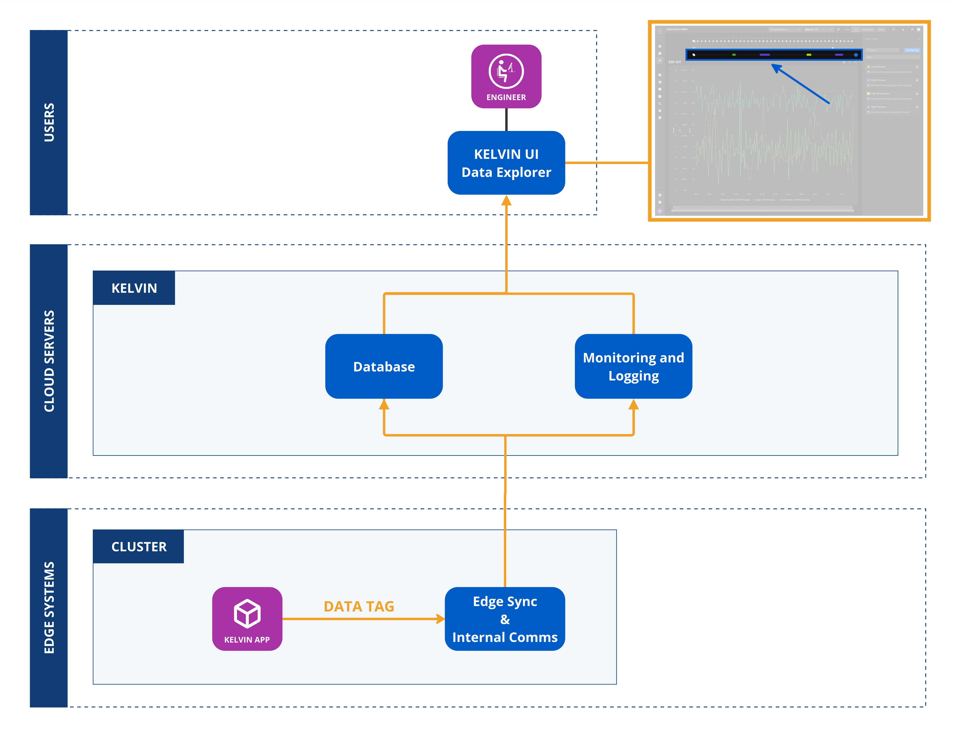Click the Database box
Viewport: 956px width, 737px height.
click(384, 366)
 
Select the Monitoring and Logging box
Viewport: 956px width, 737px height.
click(633, 366)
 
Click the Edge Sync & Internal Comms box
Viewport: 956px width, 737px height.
click(505, 619)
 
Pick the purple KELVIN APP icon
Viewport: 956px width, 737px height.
click(247, 618)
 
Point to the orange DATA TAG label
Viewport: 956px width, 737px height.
click(359, 607)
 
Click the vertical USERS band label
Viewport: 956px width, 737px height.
click(49, 123)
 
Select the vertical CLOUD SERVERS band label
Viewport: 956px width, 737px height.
click(49, 361)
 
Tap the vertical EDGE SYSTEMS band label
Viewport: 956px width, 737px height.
click(49, 608)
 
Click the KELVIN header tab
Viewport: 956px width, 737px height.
click(134, 288)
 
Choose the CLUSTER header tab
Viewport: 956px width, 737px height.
click(139, 547)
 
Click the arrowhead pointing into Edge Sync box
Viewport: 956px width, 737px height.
click(440, 619)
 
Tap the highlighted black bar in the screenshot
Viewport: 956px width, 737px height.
click(773, 55)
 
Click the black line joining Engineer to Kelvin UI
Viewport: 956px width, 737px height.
click(506, 119)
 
